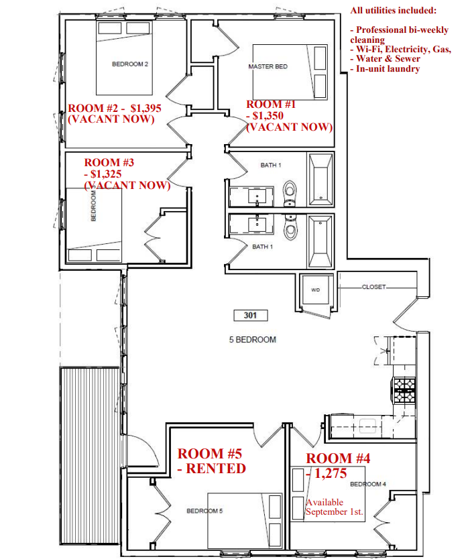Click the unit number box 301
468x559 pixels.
click(250, 315)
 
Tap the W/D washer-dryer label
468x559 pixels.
click(315, 290)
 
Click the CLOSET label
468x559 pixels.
click(373, 287)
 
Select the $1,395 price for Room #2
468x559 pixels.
click(146, 108)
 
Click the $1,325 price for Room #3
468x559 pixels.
click(106, 174)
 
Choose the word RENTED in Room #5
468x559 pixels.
click(216, 469)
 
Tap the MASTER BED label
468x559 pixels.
click(268, 66)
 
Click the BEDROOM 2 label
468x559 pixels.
click(130, 64)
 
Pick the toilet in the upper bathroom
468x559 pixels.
click(290, 194)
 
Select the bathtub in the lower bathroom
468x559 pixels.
click(320, 242)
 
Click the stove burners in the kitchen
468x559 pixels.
click(404, 390)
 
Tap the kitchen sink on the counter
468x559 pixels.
click(368, 426)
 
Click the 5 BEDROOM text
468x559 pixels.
click(253, 340)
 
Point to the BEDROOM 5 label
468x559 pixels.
click(204, 511)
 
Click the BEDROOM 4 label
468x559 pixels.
click(368, 484)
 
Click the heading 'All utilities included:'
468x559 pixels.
click(393, 10)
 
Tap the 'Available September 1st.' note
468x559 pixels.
click(334, 507)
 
